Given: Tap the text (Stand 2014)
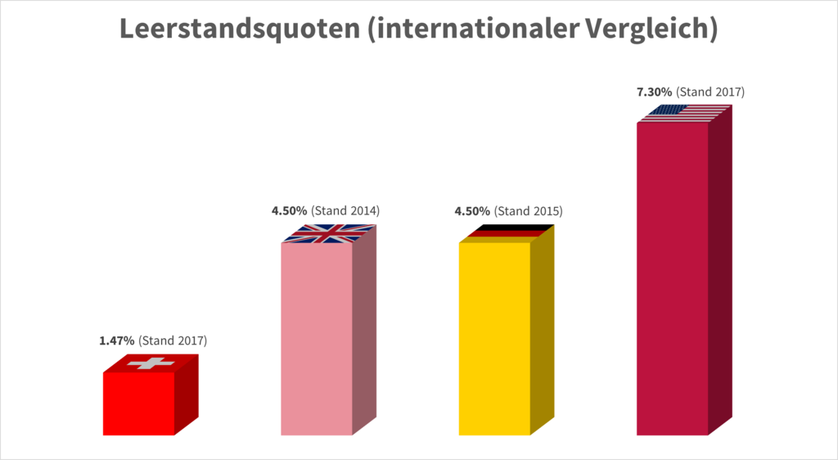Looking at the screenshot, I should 345,211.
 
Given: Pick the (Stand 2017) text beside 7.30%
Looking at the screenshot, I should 711,92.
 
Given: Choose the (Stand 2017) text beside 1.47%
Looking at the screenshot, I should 173,340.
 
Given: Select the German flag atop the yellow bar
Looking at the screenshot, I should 507,233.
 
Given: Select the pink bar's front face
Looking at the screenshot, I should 317,339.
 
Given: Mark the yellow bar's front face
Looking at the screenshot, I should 494,339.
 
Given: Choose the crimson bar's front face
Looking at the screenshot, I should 672,278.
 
